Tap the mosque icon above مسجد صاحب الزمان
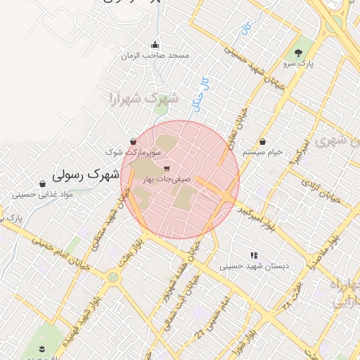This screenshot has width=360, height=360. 155,44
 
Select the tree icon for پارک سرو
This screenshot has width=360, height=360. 300,53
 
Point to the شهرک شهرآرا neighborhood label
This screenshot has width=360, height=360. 144,97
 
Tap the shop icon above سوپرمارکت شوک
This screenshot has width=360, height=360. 133,141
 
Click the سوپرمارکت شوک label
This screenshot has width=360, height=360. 133,152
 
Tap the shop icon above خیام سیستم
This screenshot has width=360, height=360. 262,141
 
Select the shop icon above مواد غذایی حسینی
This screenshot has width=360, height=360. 42,184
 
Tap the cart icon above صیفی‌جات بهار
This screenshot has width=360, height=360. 167,169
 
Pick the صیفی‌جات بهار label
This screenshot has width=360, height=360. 167,180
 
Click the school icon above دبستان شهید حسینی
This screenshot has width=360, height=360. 254,255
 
